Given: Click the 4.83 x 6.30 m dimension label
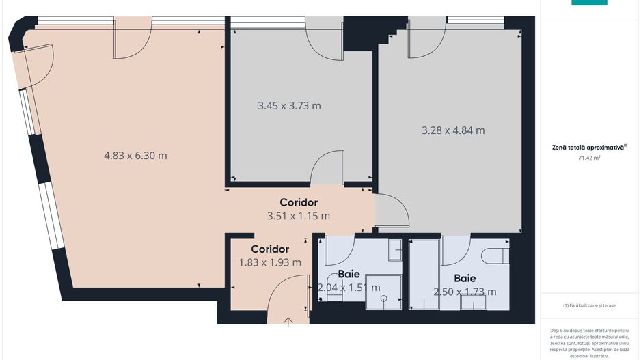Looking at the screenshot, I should click(135, 156).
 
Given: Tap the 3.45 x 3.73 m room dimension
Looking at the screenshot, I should click(289, 106).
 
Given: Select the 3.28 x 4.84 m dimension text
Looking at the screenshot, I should click(453, 130).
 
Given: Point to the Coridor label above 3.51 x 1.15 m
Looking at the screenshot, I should click(299, 203).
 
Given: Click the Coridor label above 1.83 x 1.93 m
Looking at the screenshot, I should click(270, 249).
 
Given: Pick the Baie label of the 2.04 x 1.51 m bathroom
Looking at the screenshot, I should click(349, 274).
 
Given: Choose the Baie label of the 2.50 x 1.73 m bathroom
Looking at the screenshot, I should click(465, 279).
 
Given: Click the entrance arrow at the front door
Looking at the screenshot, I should click(289, 322).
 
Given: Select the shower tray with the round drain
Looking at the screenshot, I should click(383, 292).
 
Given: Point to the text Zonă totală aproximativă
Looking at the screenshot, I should click(588, 147).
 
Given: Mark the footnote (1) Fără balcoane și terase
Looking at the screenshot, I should click(589, 305).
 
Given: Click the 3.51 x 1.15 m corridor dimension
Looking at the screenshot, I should click(299, 216).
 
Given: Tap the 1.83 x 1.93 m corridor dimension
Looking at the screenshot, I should click(270, 262).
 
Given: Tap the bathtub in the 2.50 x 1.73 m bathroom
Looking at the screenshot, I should click(424, 273).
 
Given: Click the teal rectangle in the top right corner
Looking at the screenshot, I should click(589, 3).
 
